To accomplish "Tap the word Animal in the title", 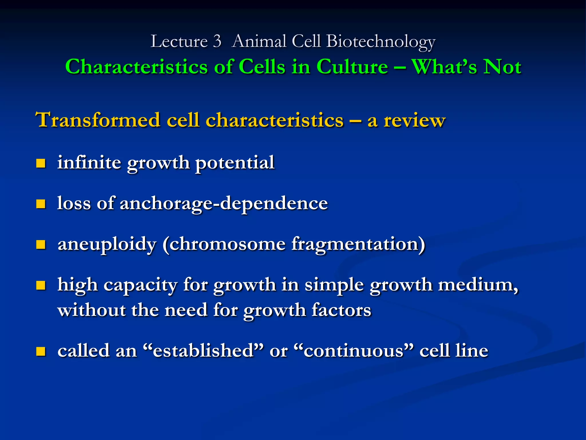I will click(x=259, y=41).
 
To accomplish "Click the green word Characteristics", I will click(x=136, y=67).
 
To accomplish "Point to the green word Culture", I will click(x=352, y=67).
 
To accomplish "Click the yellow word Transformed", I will click(x=98, y=120).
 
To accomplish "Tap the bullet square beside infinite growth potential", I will click(x=41, y=163).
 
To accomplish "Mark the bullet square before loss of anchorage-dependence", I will click(x=41, y=204).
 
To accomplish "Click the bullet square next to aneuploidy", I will click(x=41, y=245).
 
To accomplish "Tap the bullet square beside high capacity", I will click(x=41, y=285).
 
